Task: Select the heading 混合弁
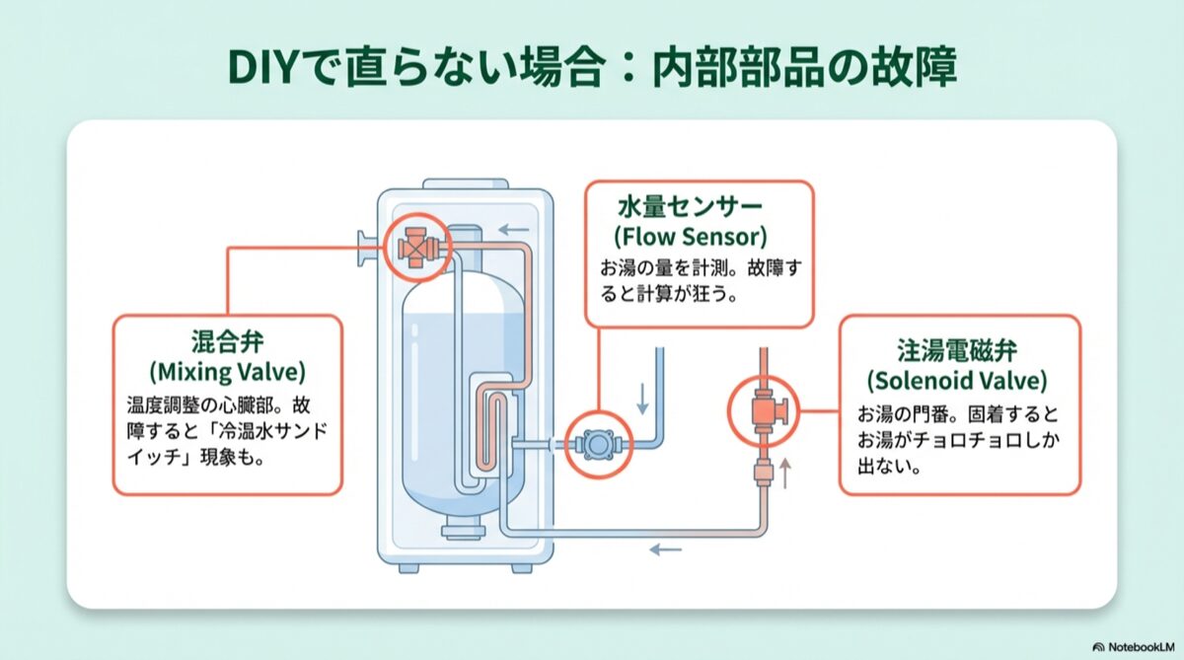pos(227,343)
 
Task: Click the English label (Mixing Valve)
pos(227,372)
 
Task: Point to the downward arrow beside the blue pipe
pos(643,398)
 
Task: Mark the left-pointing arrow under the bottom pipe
pos(664,550)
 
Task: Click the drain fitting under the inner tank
pos(457,532)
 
